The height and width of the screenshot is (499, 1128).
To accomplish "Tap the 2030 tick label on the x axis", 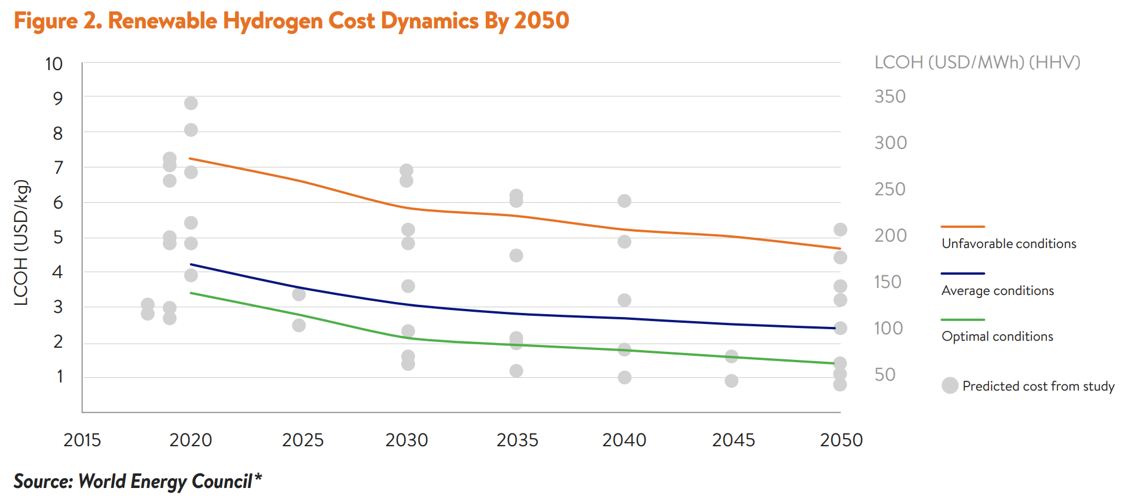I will click(x=406, y=440).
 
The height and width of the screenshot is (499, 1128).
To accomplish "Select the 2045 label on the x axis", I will click(x=733, y=440).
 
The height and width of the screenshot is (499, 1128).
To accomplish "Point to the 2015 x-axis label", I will click(x=82, y=440).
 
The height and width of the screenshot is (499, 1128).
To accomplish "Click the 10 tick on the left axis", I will click(x=54, y=64).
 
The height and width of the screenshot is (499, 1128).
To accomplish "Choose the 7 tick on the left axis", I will click(x=58, y=168).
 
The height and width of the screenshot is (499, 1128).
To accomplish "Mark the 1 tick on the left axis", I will click(x=60, y=377).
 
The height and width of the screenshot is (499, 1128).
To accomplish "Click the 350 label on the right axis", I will click(x=890, y=96).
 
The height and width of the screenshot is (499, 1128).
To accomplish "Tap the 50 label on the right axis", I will click(x=885, y=374).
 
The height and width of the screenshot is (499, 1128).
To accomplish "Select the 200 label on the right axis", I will click(x=891, y=235).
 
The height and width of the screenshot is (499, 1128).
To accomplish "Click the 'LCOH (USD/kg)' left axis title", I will click(x=21, y=242).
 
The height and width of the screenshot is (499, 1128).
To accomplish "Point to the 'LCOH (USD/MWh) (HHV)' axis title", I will click(x=977, y=63).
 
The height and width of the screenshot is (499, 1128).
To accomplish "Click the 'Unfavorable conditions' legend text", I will click(x=1009, y=244).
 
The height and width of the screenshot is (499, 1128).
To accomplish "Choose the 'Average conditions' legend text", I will click(x=998, y=291).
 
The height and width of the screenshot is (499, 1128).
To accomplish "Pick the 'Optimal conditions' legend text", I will click(x=997, y=337).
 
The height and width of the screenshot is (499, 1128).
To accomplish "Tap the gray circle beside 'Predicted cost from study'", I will click(x=950, y=385).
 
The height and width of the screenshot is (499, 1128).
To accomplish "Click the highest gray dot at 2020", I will click(x=191, y=103).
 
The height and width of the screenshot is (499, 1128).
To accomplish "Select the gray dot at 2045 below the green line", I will click(x=731, y=381).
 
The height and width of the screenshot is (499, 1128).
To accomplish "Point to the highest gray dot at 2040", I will click(x=624, y=201).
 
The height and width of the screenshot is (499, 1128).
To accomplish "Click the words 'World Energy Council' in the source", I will click(x=165, y=482).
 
